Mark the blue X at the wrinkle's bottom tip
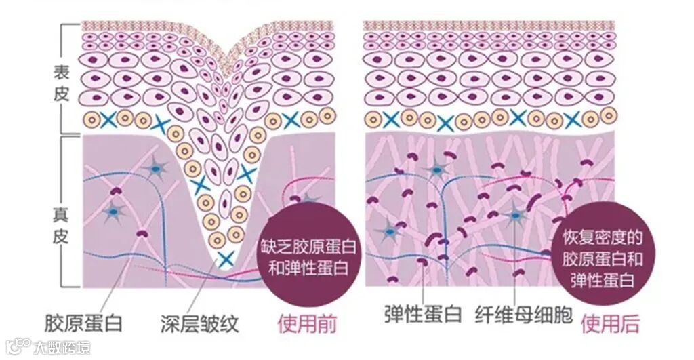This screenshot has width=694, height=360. [226, 258]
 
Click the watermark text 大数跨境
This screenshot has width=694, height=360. [61, 348]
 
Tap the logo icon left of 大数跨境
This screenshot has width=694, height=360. [16, 347]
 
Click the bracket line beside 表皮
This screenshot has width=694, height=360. [80, 78]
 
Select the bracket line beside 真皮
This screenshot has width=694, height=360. [80, 210]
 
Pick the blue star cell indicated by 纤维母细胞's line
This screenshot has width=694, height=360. [516, 216]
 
